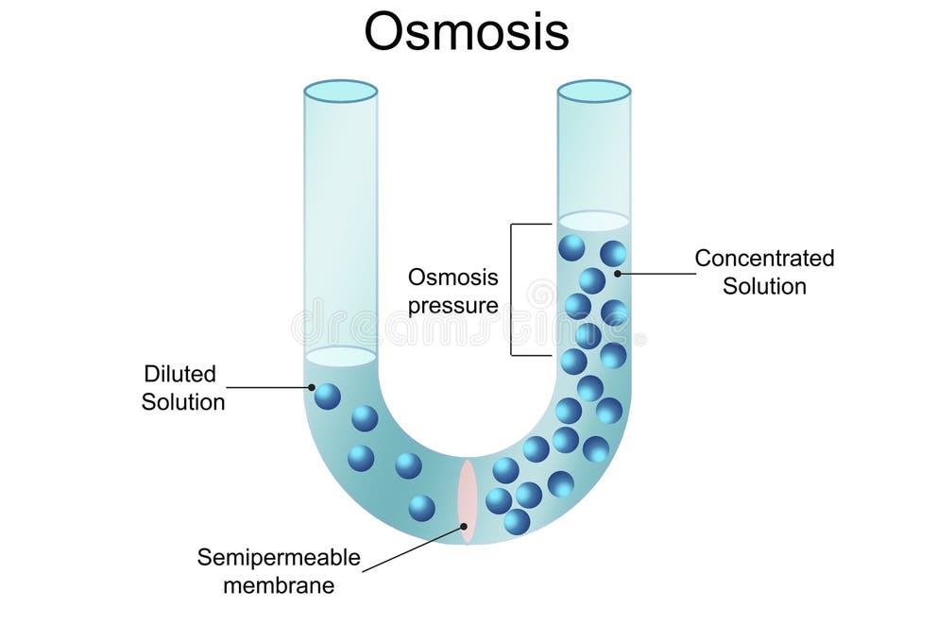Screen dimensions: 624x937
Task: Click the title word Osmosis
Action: click(467, 33)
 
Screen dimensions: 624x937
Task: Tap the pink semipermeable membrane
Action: click(467, 501)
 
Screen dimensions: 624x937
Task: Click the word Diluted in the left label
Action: click(179, 374)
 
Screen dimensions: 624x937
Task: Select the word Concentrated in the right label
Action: click(764, 258)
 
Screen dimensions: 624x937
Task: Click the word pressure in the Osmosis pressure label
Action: click(452, 305)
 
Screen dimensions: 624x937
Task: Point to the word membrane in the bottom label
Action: click(279, 584)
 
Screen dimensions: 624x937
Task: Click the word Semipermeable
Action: click(279, 557)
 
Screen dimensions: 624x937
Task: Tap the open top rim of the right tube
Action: click(593, 92)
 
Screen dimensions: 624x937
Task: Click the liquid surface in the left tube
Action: click(340, 357)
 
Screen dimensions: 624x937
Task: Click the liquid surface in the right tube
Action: click(593, 221)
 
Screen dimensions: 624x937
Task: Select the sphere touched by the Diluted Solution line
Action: click(327, 396)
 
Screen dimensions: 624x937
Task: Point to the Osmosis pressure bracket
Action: click(513, 290)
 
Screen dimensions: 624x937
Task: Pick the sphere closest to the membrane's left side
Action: click(422, 508)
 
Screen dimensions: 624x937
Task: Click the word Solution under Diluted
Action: click(183, 401)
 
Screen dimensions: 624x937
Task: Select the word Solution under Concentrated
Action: click(764, 285)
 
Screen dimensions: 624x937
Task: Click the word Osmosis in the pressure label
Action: click(452, 278)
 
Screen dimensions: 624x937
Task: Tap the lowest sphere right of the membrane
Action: click(517, 521)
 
